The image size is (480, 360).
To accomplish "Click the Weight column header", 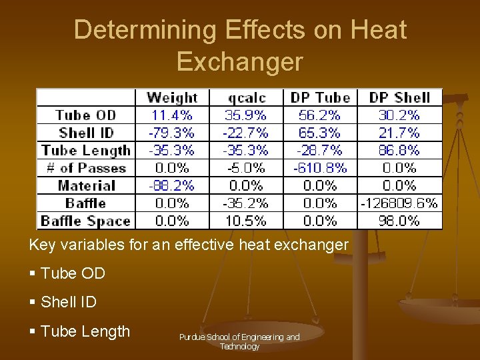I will click(x=172, y=98).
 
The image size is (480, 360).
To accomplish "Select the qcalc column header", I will click(x=246, y=98).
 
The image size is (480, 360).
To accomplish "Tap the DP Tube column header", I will click(x=320, y=98).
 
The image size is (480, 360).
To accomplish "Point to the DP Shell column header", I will click(x=399, y=98).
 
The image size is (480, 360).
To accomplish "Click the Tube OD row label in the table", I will click(x=85, y=115).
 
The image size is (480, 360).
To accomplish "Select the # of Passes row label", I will click(x=85, y=168).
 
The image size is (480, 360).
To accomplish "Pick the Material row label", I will click(x=86, y=185).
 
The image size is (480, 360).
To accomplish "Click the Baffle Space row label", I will click(x=85, y=221).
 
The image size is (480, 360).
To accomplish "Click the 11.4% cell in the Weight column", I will click(x=172, y=115).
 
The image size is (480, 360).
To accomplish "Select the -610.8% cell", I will click(x=320, y=168).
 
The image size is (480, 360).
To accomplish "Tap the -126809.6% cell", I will click(x=399, y=203).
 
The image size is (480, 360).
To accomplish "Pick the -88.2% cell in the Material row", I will click(x=172, y=185).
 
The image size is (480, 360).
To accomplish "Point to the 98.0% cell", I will click(x=399, y=221).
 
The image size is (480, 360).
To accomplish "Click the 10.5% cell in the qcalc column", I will click(x=246, y=221).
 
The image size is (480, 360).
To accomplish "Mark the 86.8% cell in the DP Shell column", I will click(x=399, y=151).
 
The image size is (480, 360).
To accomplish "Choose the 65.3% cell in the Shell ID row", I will click(x=320, y=133).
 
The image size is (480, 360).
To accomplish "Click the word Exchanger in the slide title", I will click(x=239, y=61).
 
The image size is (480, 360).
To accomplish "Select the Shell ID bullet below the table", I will click(x=68, y=302).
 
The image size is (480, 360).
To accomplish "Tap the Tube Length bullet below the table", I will click(x=85, y=331).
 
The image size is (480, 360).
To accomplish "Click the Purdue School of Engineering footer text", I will click(x=239, y=341).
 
